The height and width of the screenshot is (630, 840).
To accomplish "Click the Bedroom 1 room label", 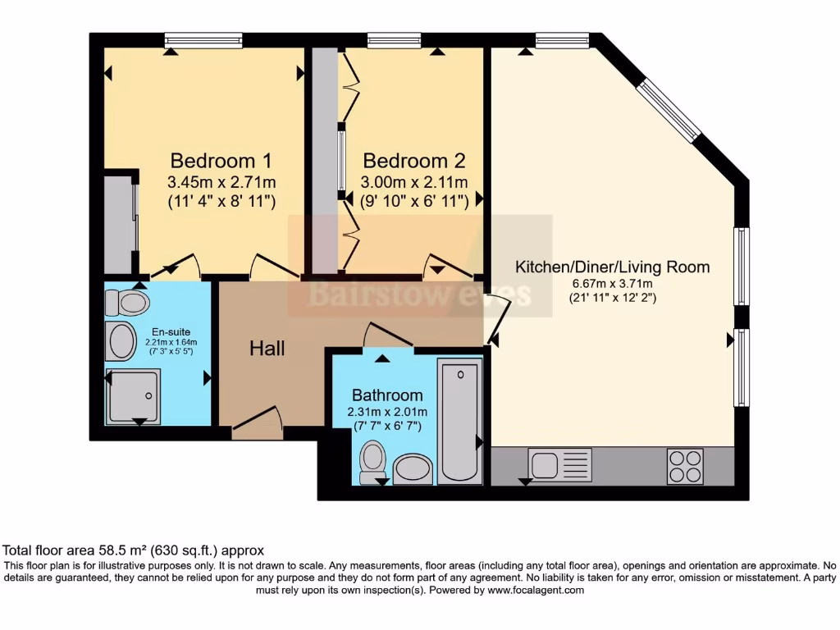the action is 221,161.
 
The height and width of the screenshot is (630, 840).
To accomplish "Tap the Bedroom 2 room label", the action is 414,161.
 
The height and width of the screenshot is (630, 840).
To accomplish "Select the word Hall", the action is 267,349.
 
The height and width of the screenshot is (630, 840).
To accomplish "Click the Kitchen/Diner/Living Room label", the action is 612,267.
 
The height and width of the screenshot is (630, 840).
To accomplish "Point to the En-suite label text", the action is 171,331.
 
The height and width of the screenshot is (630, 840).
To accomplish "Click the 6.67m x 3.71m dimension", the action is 612,283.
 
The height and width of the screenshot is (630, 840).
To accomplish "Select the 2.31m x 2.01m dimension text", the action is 387,412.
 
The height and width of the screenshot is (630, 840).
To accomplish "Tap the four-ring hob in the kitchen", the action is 685,466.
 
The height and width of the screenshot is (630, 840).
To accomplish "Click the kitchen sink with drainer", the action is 559,464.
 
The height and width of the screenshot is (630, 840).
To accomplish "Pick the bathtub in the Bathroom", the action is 459,421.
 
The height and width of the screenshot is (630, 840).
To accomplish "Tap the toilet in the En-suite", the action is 127,303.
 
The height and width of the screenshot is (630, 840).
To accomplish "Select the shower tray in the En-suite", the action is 133,396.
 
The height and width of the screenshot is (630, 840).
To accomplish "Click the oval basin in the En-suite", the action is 121,340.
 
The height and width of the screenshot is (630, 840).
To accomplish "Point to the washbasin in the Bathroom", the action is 413,469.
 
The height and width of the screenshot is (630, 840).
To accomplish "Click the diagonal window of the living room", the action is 669,111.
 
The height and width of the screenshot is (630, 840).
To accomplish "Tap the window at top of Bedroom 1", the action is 203,40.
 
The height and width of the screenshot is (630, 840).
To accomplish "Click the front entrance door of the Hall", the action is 257,419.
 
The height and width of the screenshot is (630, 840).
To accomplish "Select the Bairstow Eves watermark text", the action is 421,294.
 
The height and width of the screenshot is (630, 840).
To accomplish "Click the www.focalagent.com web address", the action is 536,591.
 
